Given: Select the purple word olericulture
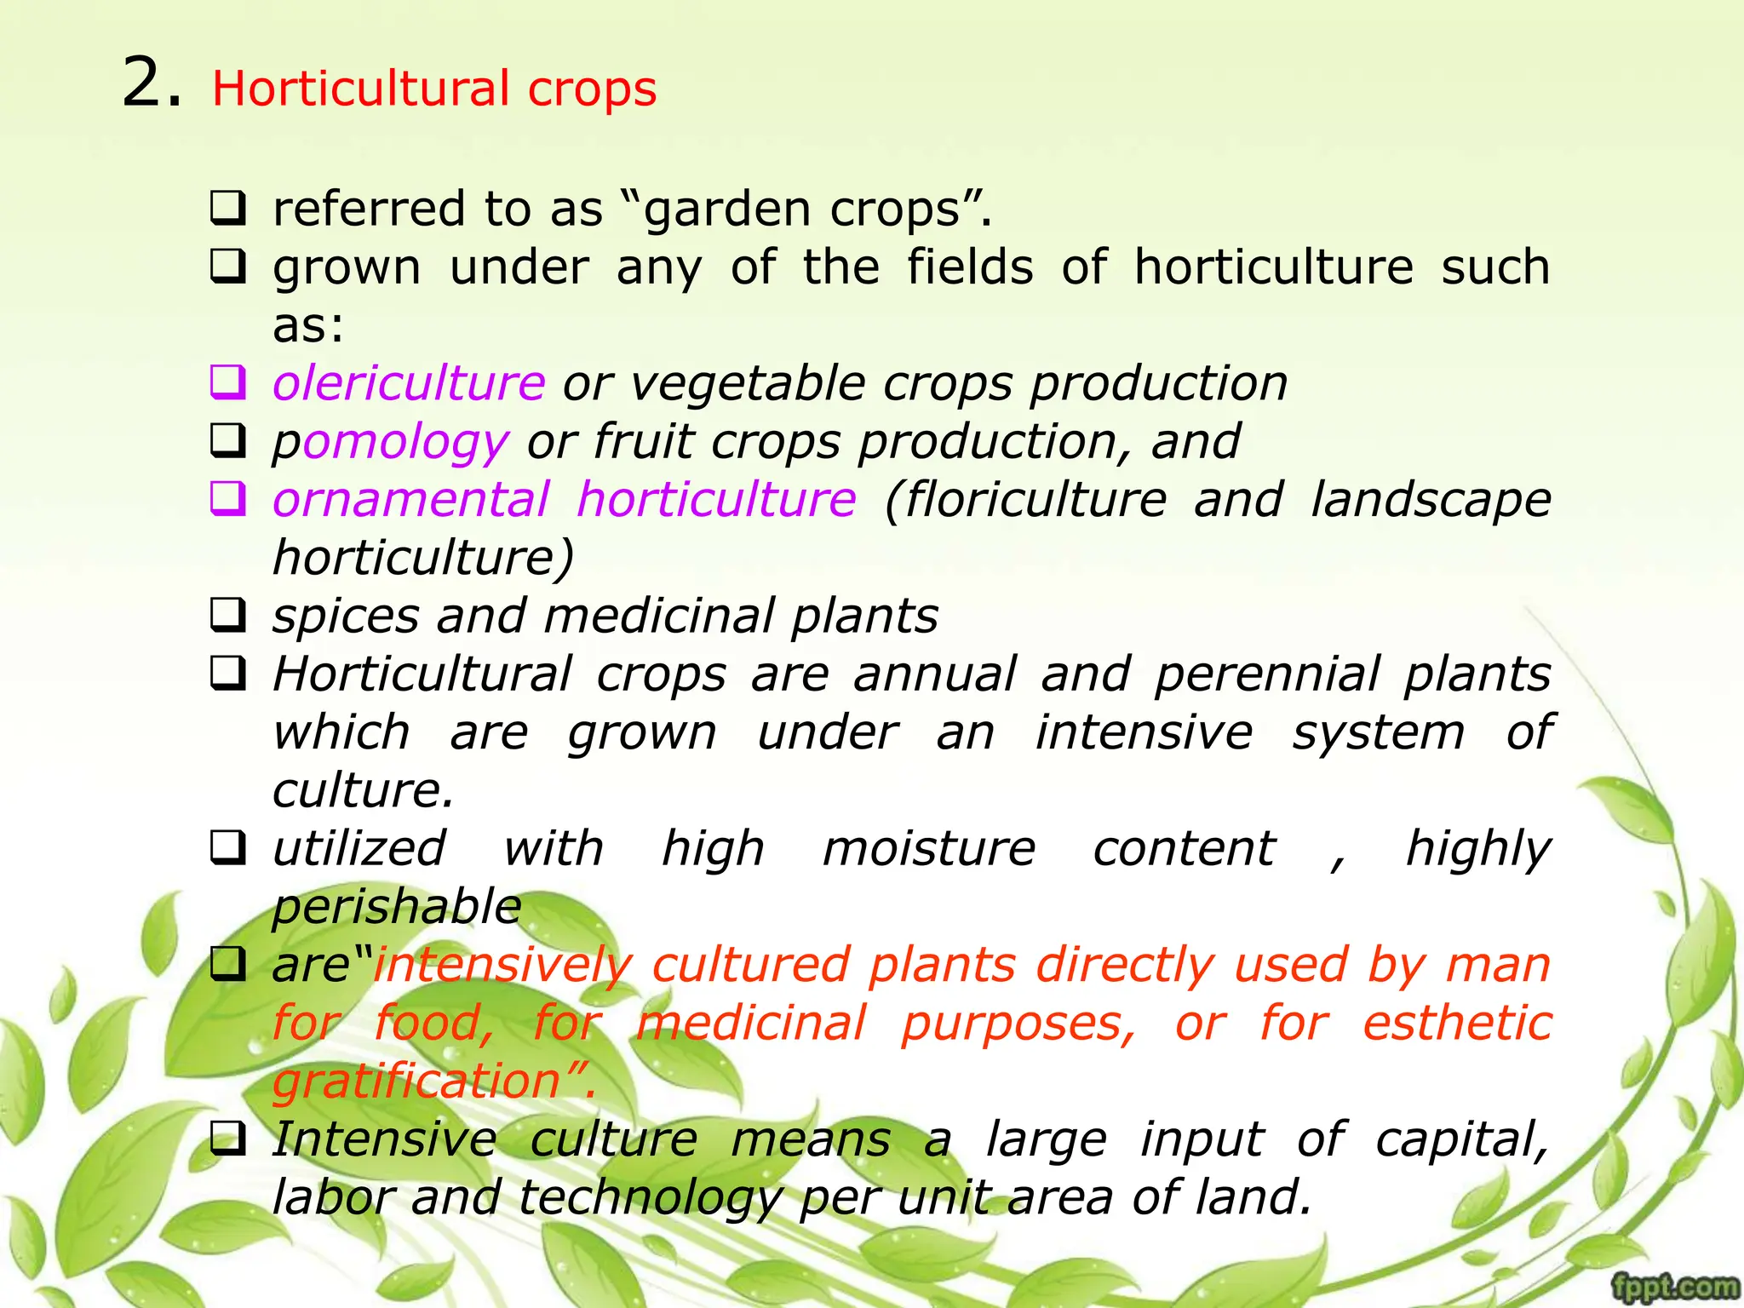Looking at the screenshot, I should (409, 383).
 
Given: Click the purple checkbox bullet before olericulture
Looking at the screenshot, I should (228, 382).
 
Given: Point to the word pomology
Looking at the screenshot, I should (390, 443).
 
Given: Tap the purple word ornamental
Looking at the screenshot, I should (411, 500).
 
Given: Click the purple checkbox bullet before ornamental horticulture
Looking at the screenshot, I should (228, 499).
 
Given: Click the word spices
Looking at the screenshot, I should (346, 617).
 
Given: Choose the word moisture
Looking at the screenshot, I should (929, 849).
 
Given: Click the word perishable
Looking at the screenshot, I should (397, 907).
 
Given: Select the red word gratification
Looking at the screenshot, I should (416, 1081).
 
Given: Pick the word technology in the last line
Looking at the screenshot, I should (651, 1198).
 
